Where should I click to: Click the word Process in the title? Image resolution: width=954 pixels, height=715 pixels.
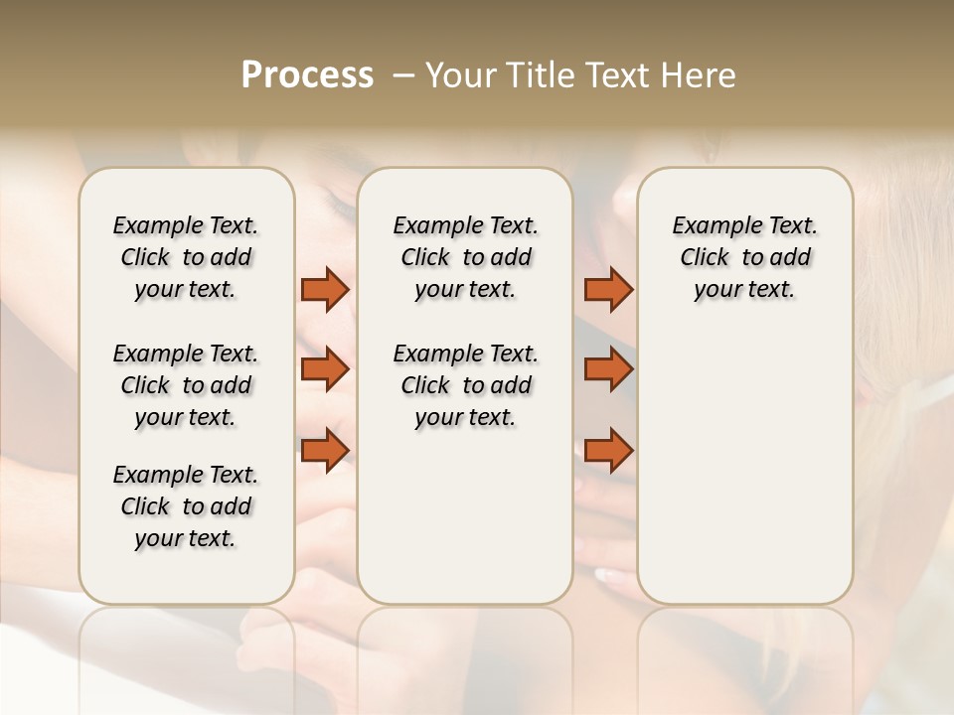coord(307,75)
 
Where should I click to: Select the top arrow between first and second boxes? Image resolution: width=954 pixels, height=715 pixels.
coord(325,289)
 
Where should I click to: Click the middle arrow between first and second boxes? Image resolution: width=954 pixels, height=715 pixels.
coord(325,369)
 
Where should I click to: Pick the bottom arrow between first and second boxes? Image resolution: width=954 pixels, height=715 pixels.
coord(325,451)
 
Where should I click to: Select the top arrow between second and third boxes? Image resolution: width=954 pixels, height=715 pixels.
coord(608,289)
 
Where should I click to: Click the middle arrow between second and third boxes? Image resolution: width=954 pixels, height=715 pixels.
coord(608,369)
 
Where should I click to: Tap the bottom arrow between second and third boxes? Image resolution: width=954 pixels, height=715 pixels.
coord(608,451)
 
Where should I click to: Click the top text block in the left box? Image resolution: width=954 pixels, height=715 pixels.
coord(186,257)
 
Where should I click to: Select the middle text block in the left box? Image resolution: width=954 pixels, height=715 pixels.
coord(186,385)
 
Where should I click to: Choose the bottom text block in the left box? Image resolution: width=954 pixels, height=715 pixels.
coord(186,506)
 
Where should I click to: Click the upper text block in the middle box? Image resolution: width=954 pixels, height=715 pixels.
coord(465,257)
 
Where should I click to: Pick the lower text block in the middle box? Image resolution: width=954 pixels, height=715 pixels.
coord(465,385)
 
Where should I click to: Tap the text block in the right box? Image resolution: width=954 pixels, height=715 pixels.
coord(744,257)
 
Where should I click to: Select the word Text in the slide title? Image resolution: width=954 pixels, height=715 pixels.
coord(618,75)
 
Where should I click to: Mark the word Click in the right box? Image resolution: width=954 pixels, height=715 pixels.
coord(705,257)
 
